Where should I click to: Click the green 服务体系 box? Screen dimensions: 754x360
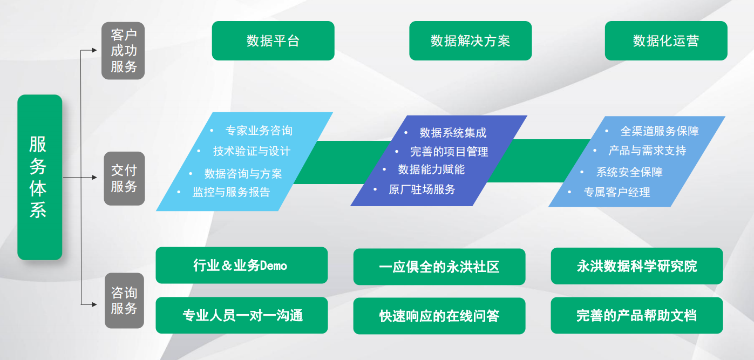[x=40, y=177]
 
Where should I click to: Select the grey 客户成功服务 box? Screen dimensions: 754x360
[x=123, y=51]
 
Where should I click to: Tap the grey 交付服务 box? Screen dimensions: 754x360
[x=124, y=179]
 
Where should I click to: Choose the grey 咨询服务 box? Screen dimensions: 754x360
[x=124, y=301]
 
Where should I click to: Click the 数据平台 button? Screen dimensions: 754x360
[x=273, y=40]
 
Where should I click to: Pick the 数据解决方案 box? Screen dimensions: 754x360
[x=470, y=40]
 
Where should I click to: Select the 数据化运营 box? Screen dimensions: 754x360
[x=666, y=40]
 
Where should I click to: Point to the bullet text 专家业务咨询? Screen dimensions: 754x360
[x=259, y=131]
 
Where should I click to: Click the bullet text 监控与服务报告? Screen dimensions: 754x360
[x=231, y=192]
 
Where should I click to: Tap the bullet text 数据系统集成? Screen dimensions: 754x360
[x=453, y=133]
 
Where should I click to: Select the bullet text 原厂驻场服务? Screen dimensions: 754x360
[x=422, y=189]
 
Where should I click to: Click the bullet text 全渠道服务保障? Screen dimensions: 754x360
[x=660, y=131]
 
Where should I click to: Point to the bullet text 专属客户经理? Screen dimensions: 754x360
[x=617, y=192]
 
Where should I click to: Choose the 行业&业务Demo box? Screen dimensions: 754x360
[x=242, y=266]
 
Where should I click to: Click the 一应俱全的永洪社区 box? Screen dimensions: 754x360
[x=439, y=267]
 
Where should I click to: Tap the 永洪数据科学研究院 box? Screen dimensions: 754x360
[x=637, y=266]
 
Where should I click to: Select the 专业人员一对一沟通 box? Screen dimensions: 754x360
[x=242, y=315]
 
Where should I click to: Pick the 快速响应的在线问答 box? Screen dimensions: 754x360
[x=439, y=316]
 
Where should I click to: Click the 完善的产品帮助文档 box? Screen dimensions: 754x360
[x=637, y=315]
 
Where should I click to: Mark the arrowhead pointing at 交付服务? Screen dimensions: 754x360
[x=94, y=177]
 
